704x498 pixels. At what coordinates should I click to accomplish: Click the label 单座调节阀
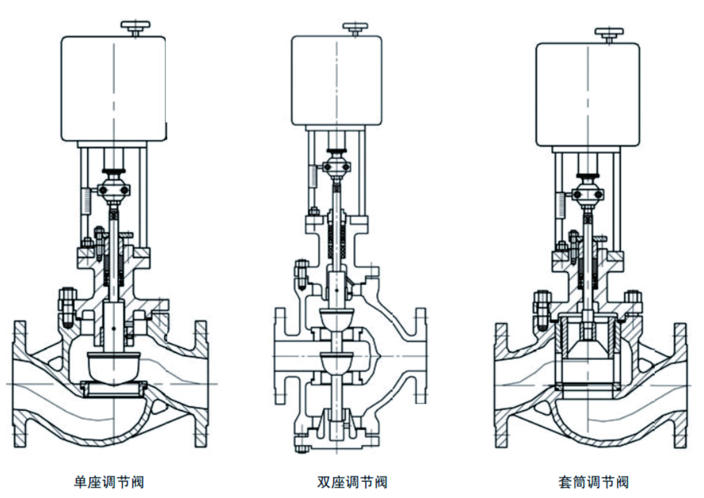click(109, 482)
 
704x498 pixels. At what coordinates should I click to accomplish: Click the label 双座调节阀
click(352, 482)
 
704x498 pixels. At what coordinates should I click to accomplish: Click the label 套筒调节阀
click(593, 482)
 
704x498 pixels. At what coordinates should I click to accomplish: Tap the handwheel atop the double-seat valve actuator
click(355, 26)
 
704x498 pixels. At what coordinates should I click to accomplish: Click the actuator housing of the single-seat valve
click(114, 89)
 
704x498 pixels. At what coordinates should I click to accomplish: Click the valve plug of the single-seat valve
click(114, 368)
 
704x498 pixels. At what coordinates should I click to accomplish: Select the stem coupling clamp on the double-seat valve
click(337, 167)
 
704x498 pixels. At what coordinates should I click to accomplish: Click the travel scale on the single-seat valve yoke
click(86, 201)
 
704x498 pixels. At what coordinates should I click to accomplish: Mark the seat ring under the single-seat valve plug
click(114, 389)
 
